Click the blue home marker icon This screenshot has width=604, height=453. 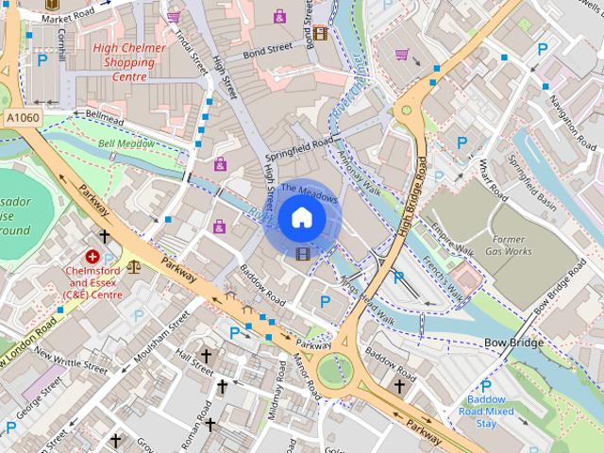(x=301, y=218)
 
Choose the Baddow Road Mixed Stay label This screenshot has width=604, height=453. (x=487, y=411)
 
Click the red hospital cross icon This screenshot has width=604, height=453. (x=93, y=256)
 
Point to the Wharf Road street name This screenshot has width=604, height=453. (x=493, y=184)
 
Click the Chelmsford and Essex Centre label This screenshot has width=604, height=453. (x=93, y=282)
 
